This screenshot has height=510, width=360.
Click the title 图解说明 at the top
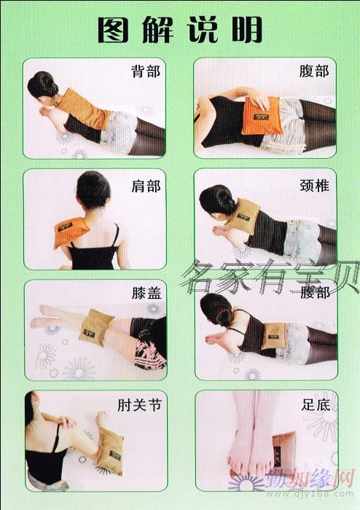pyautogui.click(x=180, y=30)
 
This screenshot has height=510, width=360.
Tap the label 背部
pyautogui.click(x=146, y=71)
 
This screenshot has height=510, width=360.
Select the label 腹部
pyautogui.click(x=314, y=71)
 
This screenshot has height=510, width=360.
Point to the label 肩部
pyautogui.click(x=146, y=187)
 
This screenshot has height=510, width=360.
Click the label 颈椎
pyautogui.click(x=315, y=186)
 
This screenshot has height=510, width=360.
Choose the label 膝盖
pyautogui.click(x=146, y=293)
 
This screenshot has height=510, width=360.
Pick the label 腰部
pyautogui.click(x=315, y=292)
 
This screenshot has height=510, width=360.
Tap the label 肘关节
pyautogui.click(x=139, y=405)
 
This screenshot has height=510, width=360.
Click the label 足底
pyautogui.click(x=316, y=405)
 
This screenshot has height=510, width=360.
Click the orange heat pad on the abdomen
pyautogui.click(x=262, y=116)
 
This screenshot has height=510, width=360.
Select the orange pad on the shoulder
pyautogui.click(x=71, y=232)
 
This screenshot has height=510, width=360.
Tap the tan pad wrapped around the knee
pyautogui.click(x=96, y=327)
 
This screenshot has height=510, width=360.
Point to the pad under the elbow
pyautogui.click(x=111, y=450)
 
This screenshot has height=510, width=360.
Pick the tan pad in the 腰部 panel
pyautogui.click(x=274, y=336)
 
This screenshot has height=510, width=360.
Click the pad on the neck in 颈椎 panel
pyautogui.click(x=243, y=216)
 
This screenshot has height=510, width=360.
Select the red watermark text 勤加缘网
pyautogui.click(x=308, y=479)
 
